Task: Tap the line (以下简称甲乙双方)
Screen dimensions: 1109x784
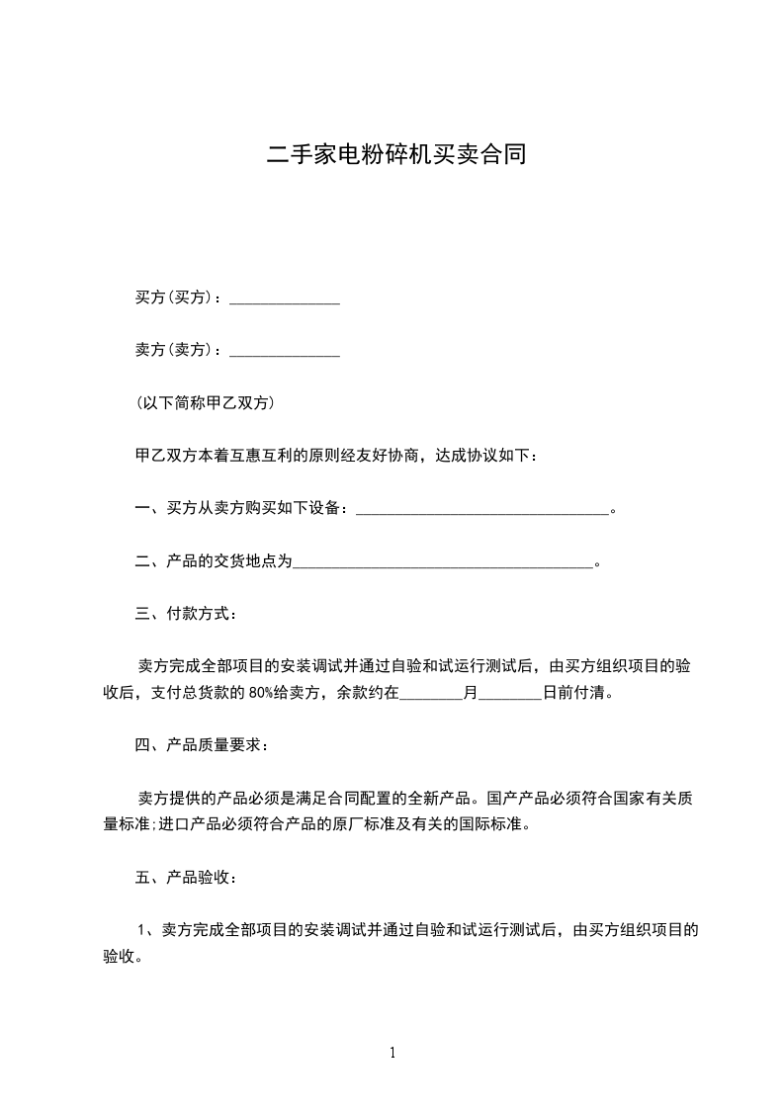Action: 204,403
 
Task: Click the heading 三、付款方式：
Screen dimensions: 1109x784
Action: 185,614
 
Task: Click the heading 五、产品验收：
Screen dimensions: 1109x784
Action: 185,877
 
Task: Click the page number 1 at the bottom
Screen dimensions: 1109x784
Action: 392,1053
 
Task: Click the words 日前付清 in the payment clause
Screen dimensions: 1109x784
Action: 576,692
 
